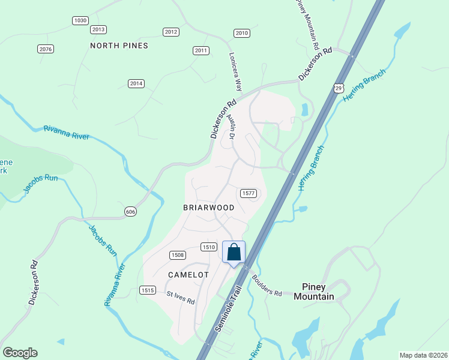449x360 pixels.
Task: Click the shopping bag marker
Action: (234, 251)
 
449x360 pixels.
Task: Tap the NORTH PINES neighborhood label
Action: (119, 46)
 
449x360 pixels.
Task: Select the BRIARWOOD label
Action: (208, 207)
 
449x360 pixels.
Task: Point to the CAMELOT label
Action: (188, 275)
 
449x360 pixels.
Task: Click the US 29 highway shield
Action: (339, 88)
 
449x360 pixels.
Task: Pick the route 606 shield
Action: (131, 211)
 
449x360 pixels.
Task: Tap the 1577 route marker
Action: (249, 193)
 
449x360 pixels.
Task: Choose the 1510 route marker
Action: (208, 247)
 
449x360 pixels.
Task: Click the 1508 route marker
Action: (177, 255)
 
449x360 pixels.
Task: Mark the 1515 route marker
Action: (148, 290)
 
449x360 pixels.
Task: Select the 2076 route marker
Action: (46, 49)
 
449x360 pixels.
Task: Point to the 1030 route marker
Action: (80, 20)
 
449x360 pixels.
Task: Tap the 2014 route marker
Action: (136, 83)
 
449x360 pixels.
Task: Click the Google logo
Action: (20, 353)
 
